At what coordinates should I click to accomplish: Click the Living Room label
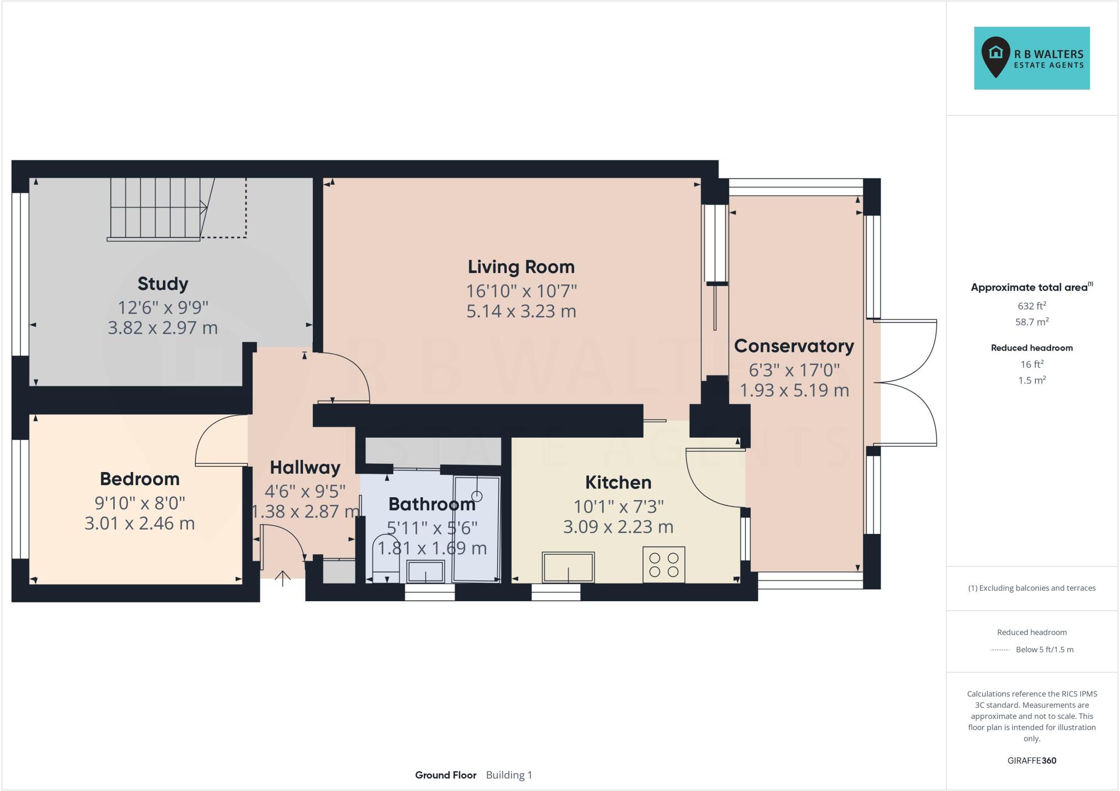pos(521,267)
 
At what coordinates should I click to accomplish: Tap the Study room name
pos(162,284)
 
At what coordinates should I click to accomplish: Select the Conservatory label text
pos(794,346)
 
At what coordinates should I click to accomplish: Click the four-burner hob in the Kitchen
pos(663,565)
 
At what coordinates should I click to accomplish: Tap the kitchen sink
pos(568,567)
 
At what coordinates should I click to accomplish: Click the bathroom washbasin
pos(425,572)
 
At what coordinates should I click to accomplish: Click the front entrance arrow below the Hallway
pos(283,578)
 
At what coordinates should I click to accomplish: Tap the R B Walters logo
pos(1031,58)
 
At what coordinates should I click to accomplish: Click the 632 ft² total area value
pos(1031,306)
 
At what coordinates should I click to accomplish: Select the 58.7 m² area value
pos(1031,322)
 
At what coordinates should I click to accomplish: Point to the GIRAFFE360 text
pos(1031,760)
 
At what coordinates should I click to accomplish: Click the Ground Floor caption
pos(445,775)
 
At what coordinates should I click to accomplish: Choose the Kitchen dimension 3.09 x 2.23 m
pos(618,527)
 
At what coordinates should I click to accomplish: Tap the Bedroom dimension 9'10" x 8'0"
pos(139,502)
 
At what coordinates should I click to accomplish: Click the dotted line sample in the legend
pos(1000,650)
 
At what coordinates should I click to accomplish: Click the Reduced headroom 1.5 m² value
pos(1031,380)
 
